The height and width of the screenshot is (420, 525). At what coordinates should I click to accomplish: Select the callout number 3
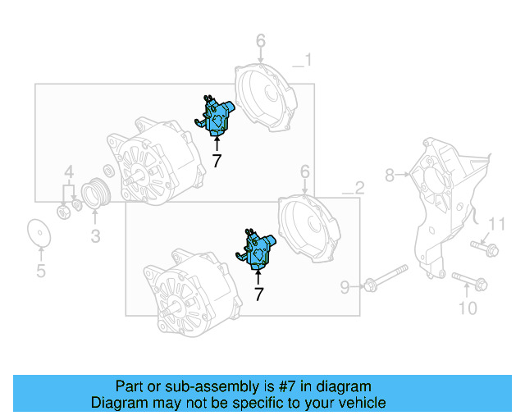pyautogui.click(x=95, y=238)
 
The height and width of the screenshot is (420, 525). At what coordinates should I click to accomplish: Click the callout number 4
pyautogui.click(x=70, y=172)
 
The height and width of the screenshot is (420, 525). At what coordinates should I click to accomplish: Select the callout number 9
pyautogui.click(x=345, y=286)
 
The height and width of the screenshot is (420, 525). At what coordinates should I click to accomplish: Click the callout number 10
pyautogui.click(x=467, y=308)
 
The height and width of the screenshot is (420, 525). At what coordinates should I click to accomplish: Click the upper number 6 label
pyautogui.click(x=260, y=41)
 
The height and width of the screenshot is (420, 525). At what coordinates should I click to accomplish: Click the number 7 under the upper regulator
pyautogui.click(x=217, y=161)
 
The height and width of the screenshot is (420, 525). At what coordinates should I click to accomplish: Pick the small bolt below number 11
pyautogui.click(x=484, y=247)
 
